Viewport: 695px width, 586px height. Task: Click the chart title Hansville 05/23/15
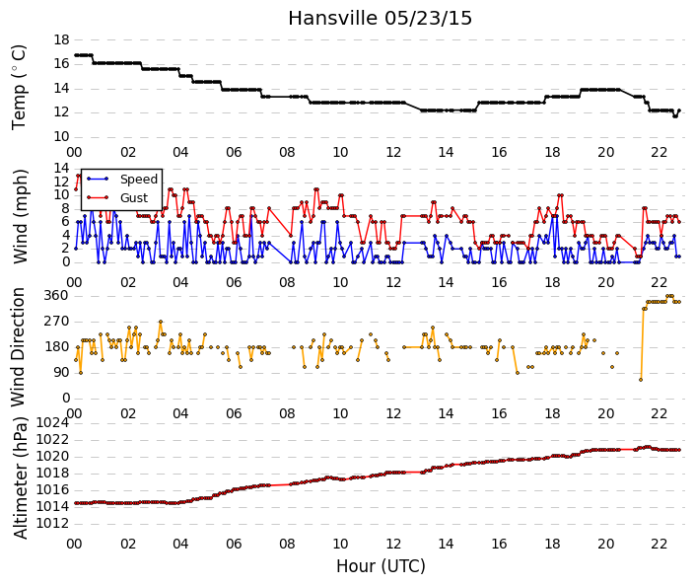coord(380,19)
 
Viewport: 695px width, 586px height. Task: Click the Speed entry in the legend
coord(139,180)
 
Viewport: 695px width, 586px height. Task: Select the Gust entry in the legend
coord(134,198)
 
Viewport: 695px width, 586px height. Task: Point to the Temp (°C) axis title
coord(19,88)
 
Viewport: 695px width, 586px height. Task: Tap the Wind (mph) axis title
coord(20,217)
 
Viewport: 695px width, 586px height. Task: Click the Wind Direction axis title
coord(18,347)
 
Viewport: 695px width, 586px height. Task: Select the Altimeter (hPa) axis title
coord(20,477)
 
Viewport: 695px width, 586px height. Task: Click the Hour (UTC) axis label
coord(381,566)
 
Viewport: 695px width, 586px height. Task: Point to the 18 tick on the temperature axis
coord(61,39)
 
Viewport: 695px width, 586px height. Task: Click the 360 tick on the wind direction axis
coord(56,296)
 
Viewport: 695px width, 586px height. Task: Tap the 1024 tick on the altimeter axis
coord(53,423)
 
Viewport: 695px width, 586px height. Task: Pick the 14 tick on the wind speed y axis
coord(61,168)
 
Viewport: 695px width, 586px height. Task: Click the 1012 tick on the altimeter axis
coord(53,524)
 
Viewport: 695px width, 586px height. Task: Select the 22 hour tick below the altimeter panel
coord(660,544)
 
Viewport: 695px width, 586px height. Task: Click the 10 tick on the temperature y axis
coord(61,136)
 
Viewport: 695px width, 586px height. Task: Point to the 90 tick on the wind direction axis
coord(61,373)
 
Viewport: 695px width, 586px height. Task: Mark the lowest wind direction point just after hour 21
coord(641,380)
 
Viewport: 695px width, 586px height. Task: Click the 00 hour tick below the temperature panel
coord(75,152)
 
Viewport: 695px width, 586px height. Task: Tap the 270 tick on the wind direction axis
coord(56,322)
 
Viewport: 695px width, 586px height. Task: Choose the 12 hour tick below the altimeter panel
coord(393,544)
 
